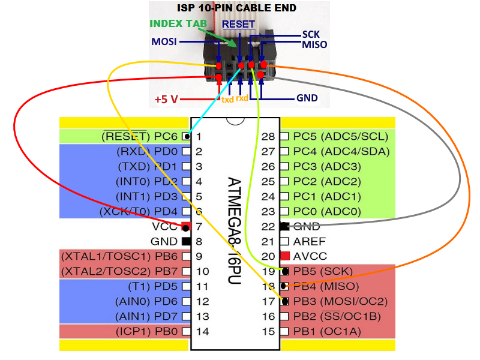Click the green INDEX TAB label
178,24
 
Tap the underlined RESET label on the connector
239,24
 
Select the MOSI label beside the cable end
164,42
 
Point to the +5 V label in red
166,99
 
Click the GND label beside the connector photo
307,98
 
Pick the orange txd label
228,100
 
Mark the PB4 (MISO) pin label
328,286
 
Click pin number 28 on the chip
269,136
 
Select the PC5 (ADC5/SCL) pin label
341,136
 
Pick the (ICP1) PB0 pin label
146,331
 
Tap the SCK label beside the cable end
311,35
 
